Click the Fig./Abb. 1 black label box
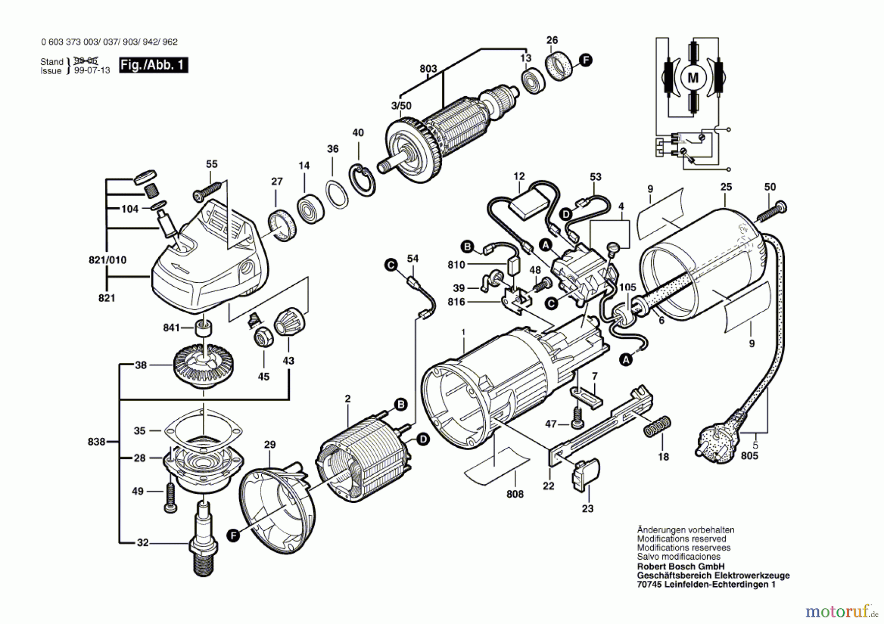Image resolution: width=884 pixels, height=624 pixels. pos(154,65)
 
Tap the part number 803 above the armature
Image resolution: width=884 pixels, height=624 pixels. pos(428,69)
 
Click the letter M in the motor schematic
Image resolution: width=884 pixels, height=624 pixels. pos(693,78)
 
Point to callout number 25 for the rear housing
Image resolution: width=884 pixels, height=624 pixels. pos(726,187)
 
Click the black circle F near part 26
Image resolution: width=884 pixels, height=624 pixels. pos(585,60)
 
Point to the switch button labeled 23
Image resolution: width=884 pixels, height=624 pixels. pos(585,474)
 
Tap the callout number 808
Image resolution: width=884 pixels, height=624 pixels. pos(515,494)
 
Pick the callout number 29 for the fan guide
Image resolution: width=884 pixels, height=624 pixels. pos(270,445)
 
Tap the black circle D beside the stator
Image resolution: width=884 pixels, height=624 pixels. pos(423,439)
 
